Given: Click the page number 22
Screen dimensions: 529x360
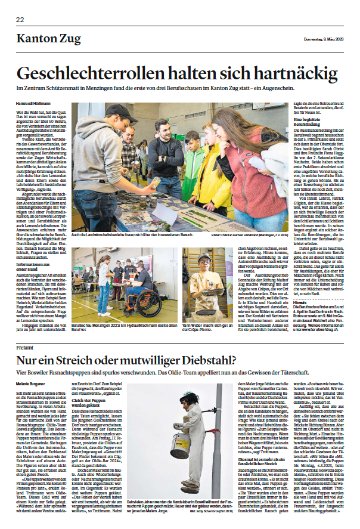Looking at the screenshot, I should [20, 19].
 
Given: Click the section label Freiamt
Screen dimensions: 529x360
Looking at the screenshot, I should [25, 347].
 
